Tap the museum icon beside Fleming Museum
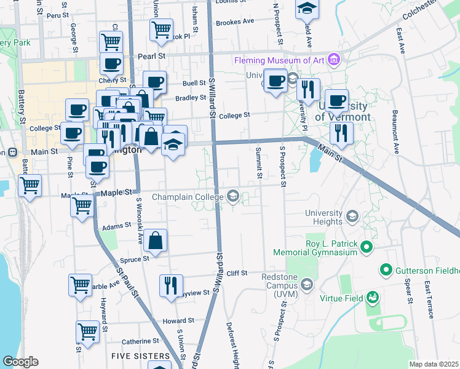point(334,60)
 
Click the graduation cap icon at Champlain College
point(233,196)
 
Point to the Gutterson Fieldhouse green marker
point(386,270)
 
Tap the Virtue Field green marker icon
point(372,298)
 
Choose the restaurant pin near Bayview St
point(169,284)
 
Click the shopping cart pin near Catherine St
point(87,331)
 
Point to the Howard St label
point(178,321)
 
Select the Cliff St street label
point(236,273)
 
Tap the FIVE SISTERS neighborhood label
point(140,356)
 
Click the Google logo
point(20,362)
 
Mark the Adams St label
point(117,227)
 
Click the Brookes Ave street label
point(235,21)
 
